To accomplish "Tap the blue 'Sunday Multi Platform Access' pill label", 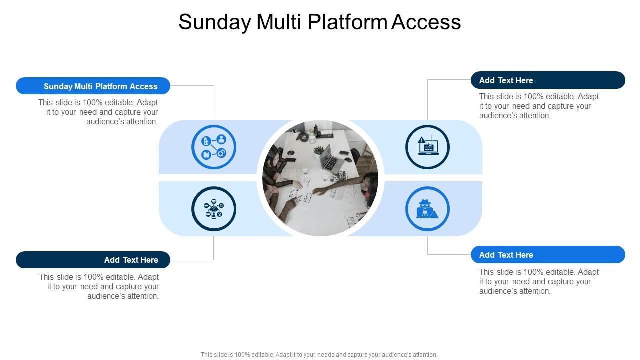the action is click(93, 86).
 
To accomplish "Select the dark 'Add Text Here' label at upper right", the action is click(548, 80).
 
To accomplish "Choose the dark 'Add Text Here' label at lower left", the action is click(93, 260).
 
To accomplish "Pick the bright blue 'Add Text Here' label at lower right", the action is click(548, 255).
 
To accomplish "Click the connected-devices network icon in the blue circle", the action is click(214, 147).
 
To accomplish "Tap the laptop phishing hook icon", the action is click(427, 147).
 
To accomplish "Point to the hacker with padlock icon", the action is click(427, 209).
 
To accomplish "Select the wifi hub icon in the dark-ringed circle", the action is click(214, 209).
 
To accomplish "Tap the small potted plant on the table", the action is click(318, 149).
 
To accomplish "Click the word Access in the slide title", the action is click(426, 22).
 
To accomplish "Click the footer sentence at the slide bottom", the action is click(319, 355).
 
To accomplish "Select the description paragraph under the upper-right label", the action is click(539, 106).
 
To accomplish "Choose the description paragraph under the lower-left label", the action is click(99, 286).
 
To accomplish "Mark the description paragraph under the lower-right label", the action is click(539, 281).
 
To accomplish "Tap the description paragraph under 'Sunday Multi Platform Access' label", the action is click(98, 112).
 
